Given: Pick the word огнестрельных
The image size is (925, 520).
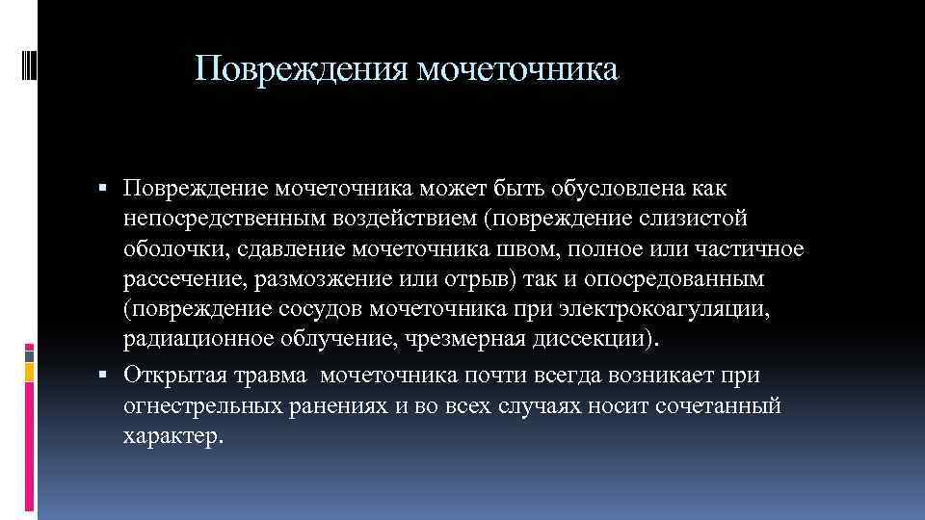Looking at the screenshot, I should click(202, 405).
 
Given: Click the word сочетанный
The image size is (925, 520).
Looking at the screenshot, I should click(714, 405).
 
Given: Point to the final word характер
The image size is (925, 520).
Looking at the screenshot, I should click(172, 437).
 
